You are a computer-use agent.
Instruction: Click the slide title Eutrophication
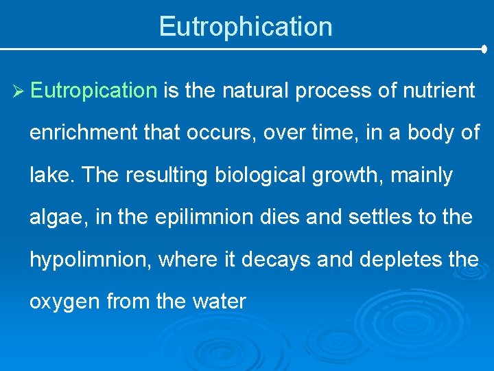(x=246, y=27)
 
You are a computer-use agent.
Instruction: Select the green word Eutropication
(x=94, y=91)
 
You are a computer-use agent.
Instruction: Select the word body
(x=425, y=133)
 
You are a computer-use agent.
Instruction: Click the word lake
(x=52, y=175)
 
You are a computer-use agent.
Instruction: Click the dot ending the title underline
(x=484, y=49)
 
